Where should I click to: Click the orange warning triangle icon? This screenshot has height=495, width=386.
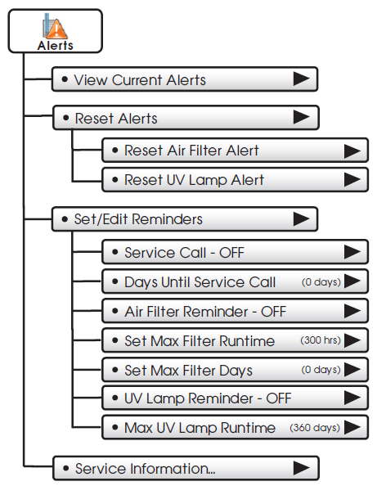click(56, 29)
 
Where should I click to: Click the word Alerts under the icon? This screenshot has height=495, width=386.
click(56, 46)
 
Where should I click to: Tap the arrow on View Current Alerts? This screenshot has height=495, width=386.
click(301, 79)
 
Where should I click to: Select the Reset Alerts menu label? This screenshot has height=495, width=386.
click(116, 119)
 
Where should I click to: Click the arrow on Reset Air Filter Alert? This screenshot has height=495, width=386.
click(352, 151)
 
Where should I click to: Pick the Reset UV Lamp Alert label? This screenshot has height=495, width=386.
click(194, 180)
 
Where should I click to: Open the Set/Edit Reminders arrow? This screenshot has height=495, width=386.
click(301, 218)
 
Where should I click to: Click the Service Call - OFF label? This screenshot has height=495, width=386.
click(184, 253)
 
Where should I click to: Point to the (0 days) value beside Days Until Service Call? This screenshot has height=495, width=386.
click(321, 282)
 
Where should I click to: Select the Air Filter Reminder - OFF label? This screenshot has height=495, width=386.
click(205, 312)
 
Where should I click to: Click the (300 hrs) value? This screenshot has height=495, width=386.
click(321, 340)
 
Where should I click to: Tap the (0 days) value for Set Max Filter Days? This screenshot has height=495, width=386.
click(321, 370)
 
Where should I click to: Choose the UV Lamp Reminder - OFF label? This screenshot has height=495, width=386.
click(208, 398)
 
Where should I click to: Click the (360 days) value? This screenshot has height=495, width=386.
click(315, 428)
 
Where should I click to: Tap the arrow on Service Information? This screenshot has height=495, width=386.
click(301, 468)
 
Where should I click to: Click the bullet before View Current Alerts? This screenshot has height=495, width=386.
click(65, 79)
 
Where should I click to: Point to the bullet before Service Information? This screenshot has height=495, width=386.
click(65, 468)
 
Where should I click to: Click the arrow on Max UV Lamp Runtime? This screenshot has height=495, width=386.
click(352, 428)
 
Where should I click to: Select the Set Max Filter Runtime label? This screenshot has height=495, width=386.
click(200, 341)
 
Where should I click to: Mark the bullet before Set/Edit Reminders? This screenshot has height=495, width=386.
click(65, 219)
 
